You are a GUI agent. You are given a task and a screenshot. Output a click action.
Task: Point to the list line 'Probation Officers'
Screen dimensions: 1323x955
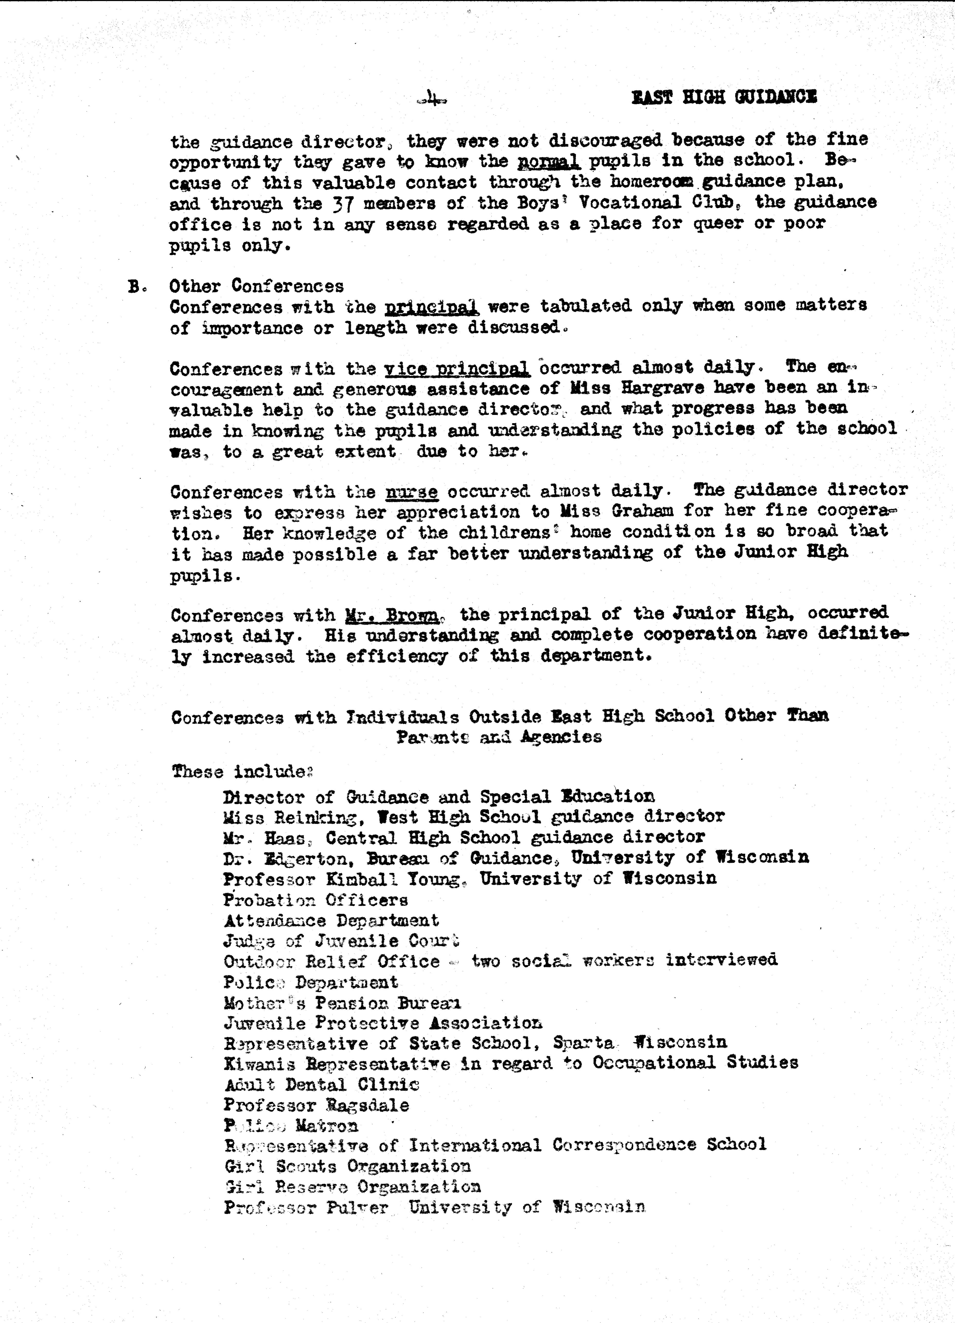pos(315,900)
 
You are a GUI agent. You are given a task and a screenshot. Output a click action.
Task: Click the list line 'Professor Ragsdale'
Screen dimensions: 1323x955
pos(316,1106)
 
